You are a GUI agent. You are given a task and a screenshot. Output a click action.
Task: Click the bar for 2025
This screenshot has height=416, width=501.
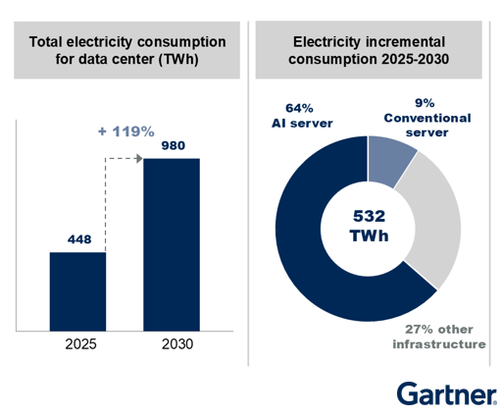coord(78,291)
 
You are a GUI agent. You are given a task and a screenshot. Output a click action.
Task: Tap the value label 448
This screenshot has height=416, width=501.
coord(78,238)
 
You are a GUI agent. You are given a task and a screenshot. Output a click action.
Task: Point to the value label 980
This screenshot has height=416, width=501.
coord(172,144)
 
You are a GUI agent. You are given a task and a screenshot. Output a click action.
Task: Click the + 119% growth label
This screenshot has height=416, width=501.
coord(127,130)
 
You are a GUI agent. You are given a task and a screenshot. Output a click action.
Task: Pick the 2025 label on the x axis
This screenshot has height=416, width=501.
coord(78,344)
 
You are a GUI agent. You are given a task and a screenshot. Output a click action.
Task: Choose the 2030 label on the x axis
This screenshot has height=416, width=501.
coord(172,344)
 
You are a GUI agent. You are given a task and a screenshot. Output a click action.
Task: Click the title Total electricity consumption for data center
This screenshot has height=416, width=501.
coord(125,50)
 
